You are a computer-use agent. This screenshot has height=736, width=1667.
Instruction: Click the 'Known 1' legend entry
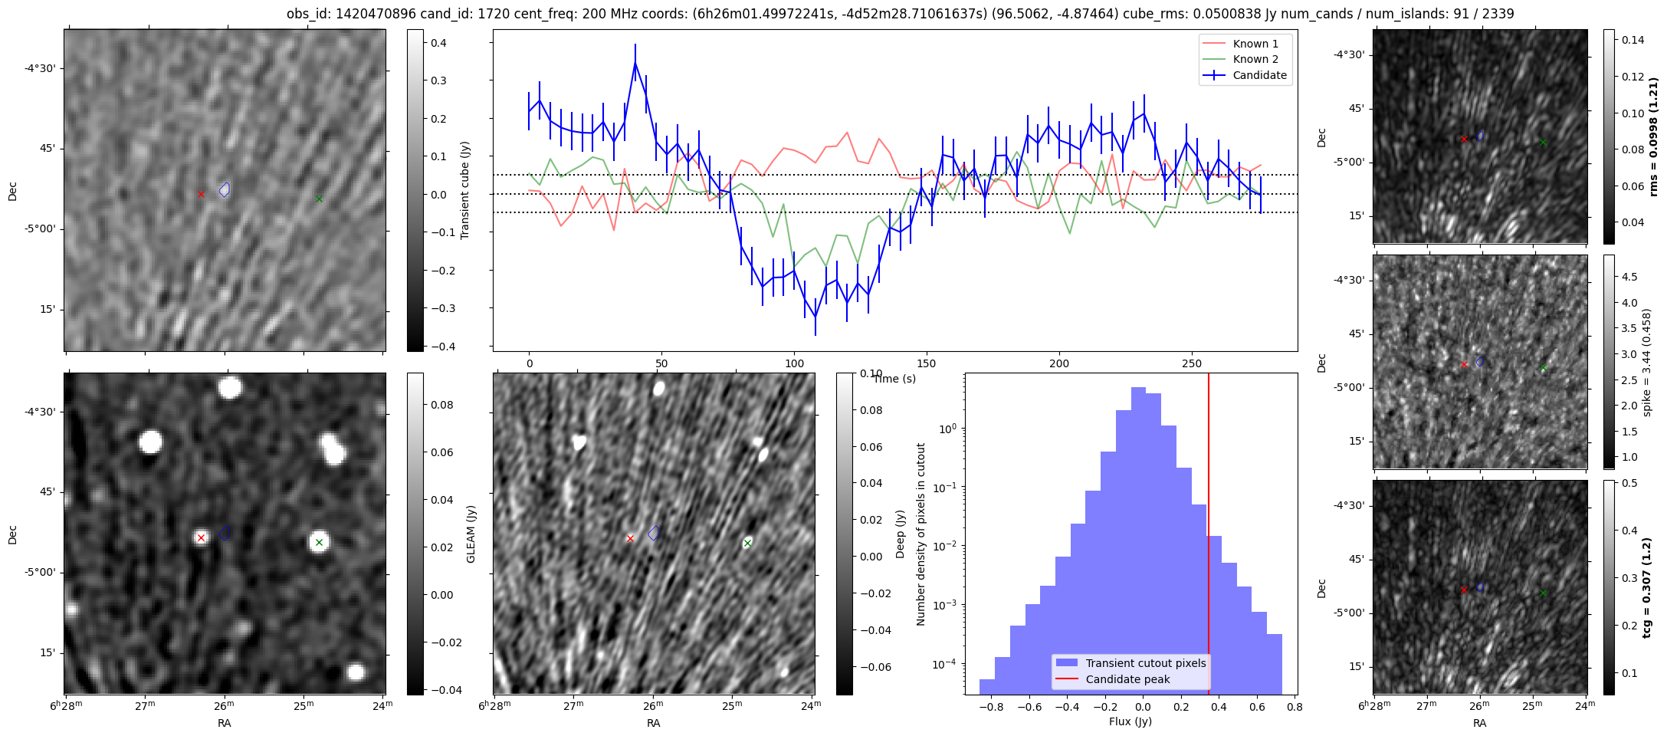pyautogui.click(x=1255, y=44)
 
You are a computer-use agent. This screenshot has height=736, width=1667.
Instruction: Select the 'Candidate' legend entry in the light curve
pyautogui.click(x=1259, y=75)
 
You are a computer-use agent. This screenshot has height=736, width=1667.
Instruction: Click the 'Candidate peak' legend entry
pyautogui.click(x=1127, y=679)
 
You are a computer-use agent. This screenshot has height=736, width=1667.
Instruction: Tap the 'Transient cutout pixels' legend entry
pyautogui.click(x=1145, y=663)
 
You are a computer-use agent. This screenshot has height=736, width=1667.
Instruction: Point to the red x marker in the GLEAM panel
pyautogui.click(x=201, y=537)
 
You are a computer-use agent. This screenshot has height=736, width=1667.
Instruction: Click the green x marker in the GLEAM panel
pyautogui.click(x=319, y=542)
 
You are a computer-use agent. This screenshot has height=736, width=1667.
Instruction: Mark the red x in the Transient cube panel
pyautogui.click(x=201, y=194)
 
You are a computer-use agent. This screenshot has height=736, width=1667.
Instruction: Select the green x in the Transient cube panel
pyautogui.click(x=319, y=199)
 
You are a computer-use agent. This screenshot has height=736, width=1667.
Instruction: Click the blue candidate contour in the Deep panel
pyautogui.click(x=653, y=533)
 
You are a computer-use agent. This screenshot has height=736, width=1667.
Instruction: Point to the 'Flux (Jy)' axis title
pyautogui.click(x=1130, y=721)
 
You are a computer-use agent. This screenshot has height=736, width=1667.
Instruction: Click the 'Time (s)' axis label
pyautogui.click(x=894, y=379)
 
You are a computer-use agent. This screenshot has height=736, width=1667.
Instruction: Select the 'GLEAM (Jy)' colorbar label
pyautogui.click(x=471, y=534)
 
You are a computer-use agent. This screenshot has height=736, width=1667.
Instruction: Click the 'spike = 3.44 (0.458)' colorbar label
pyautogui.click(x=1646, y=362)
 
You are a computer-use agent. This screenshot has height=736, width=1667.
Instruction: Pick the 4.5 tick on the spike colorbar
pyautogui.click(x=1629, y=277)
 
